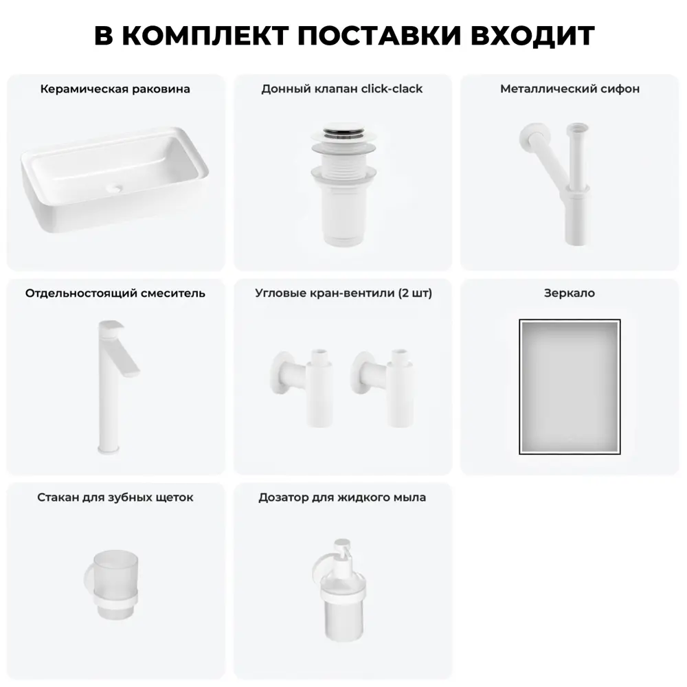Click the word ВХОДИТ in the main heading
click(532, 35)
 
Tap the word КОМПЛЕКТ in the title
click(205, 35)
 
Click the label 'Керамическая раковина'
click(115, 89)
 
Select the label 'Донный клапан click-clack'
click(342, 89)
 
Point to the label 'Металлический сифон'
click(570, 89)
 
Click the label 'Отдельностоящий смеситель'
click(115, 293)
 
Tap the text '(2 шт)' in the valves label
click(416, 293)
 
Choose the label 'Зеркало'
click(570, 293)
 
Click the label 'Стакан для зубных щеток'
click(115, 497)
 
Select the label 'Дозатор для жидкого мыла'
click(342, 497)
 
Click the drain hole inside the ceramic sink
click(115, 189)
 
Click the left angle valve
click(302, 386)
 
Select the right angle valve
click(382, 386)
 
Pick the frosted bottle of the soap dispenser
click(343, 613)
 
